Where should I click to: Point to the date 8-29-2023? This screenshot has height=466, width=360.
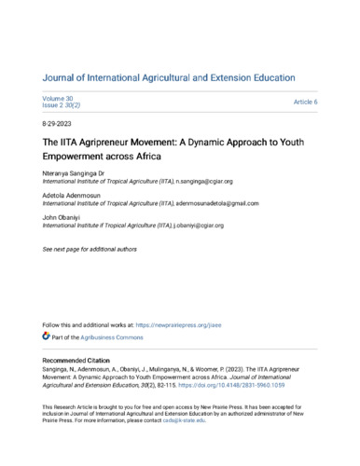point(60,124)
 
